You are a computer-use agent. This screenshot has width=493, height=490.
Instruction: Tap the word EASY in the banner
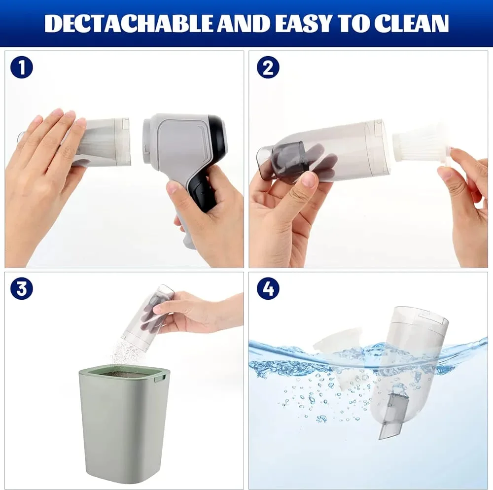pos(306,23)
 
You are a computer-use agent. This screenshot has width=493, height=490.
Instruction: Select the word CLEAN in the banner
pos(412,23)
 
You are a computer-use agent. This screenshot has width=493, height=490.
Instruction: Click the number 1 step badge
pos(21,67)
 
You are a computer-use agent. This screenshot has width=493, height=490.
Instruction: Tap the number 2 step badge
pos(268,67)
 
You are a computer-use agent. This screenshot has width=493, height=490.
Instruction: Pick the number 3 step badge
pos(21,288)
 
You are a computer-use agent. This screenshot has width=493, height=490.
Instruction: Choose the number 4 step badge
pos(268,288)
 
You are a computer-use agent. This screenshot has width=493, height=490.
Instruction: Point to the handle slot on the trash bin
pos(159,378)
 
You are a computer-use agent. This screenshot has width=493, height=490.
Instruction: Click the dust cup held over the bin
pos(148,317)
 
